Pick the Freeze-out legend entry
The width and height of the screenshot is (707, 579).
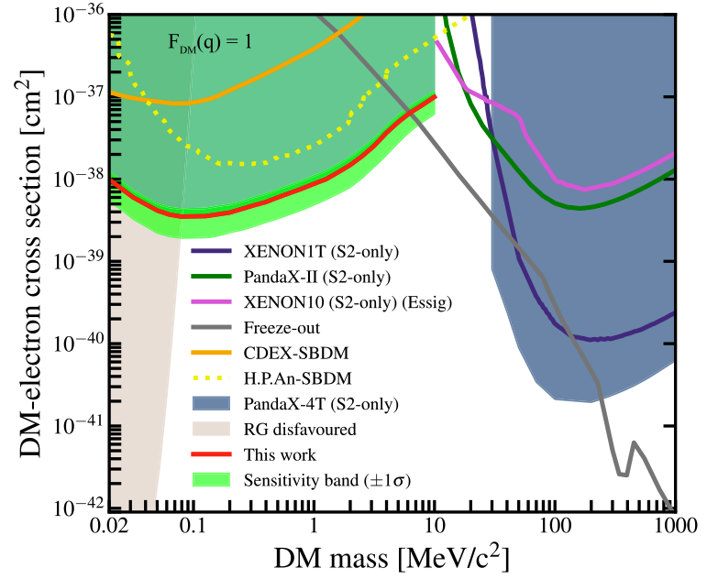click(275, 327)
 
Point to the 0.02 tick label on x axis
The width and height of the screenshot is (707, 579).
click(109, 529)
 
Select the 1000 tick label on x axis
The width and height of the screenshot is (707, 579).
click(673, 529)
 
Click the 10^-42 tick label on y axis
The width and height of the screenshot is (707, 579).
click(78, 507)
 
